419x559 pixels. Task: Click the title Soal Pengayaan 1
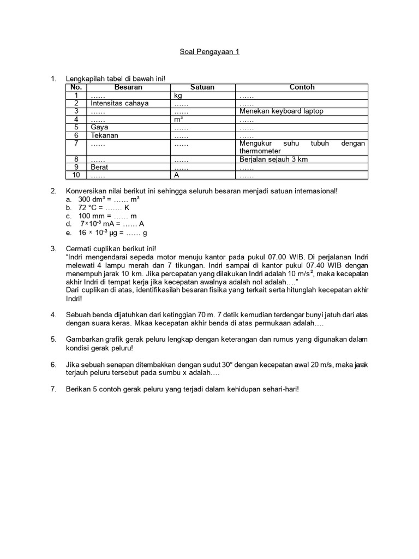209,52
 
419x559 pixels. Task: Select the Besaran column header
129,87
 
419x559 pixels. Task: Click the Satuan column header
202,87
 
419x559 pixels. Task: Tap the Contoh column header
302,87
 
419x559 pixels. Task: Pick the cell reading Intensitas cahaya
119,103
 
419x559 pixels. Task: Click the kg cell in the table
178,96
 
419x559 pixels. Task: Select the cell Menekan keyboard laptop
281,111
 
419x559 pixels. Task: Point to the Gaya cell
99,127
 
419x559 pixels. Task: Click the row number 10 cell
77,176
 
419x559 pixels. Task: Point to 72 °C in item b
86,208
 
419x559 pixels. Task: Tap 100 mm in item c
89,216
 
